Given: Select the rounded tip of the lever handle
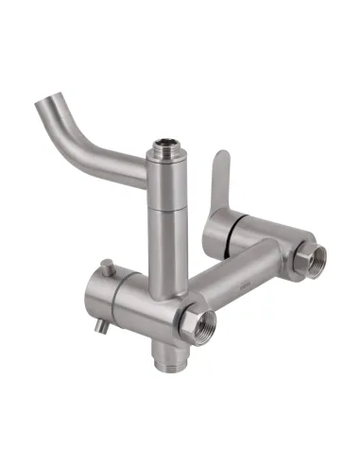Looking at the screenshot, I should (219, 155).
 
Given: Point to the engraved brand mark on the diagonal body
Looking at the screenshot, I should (245, 281).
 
